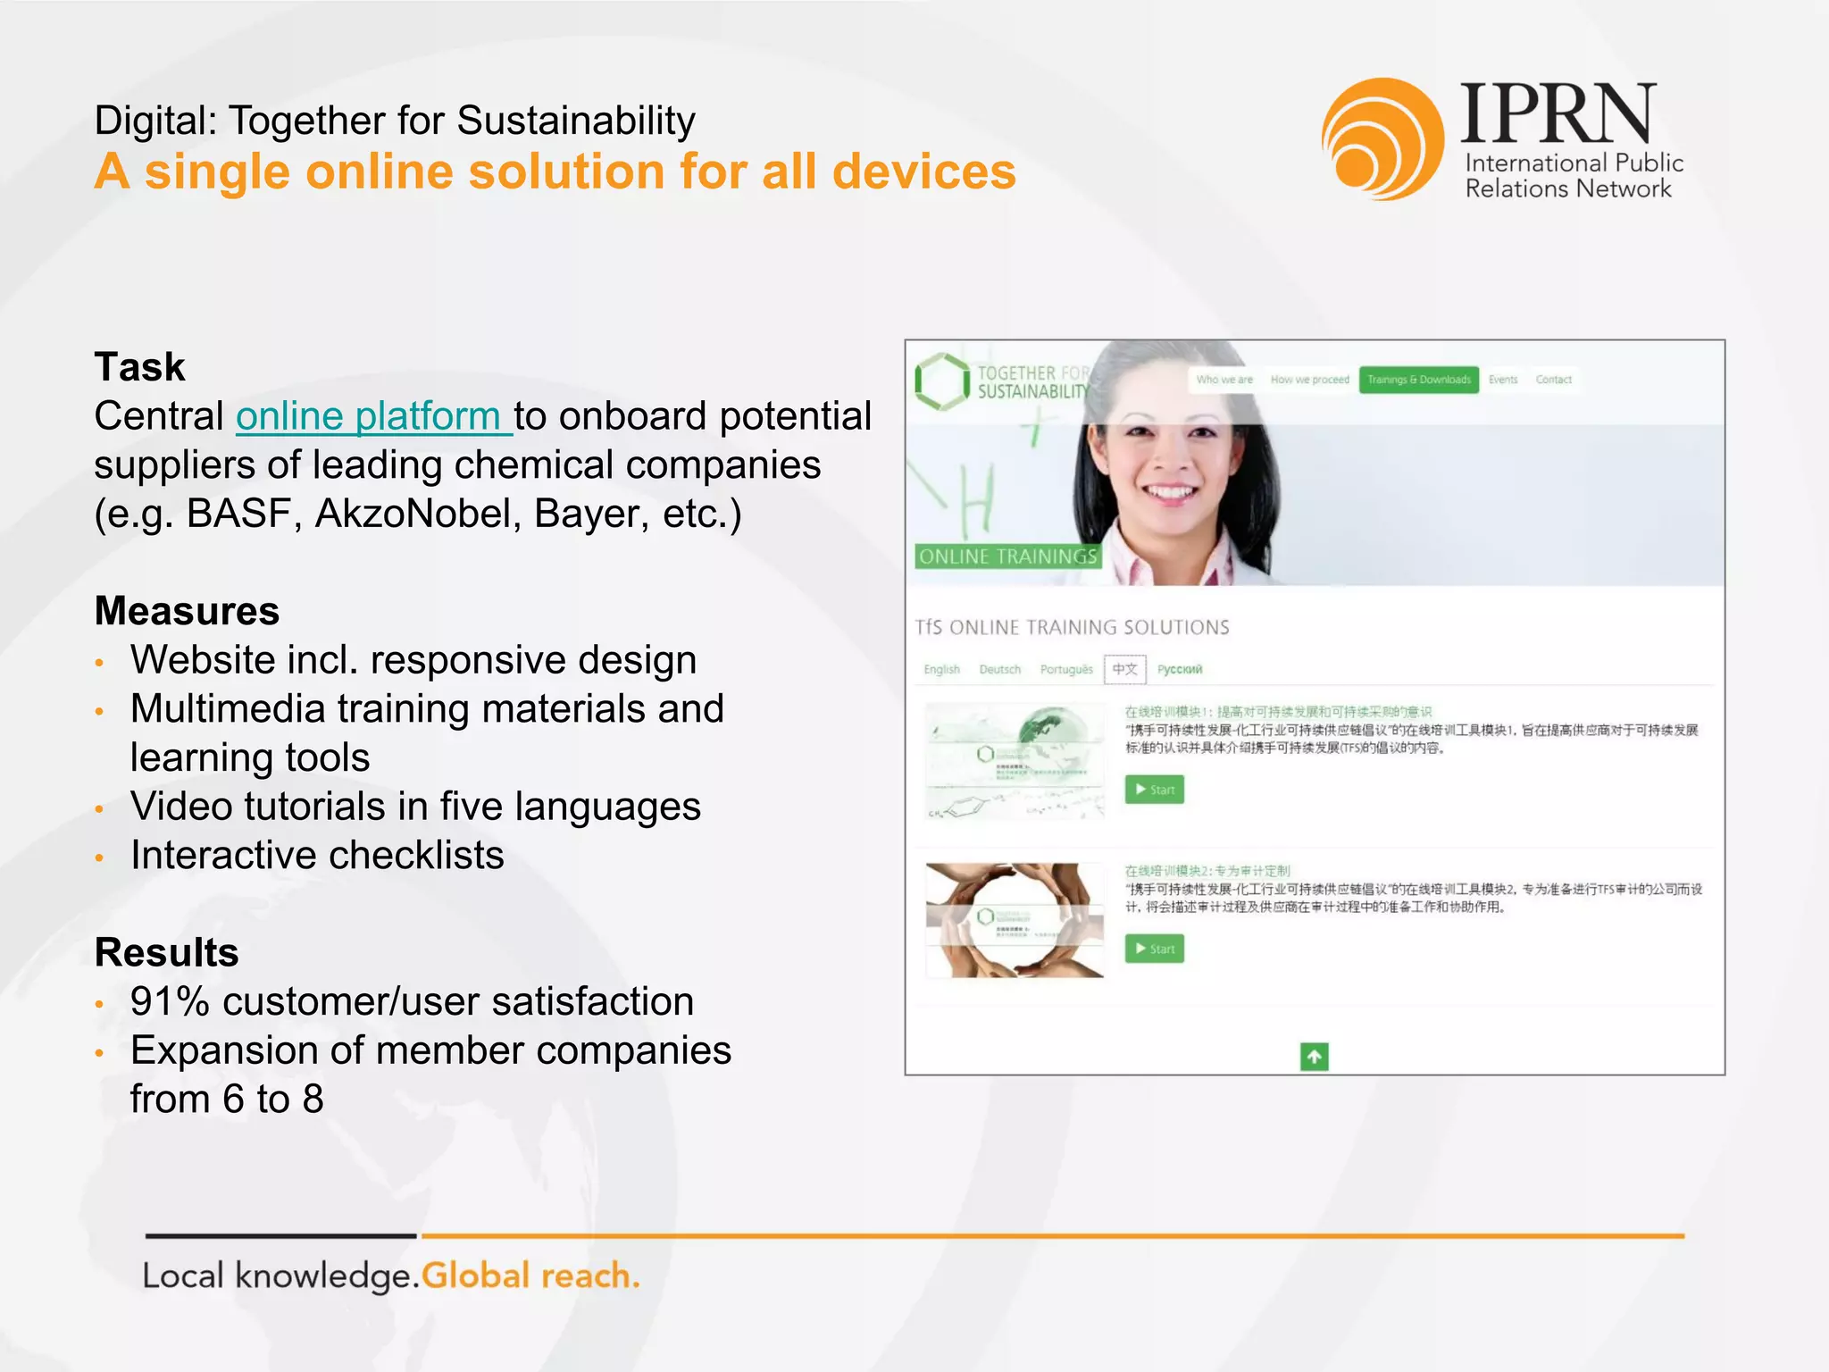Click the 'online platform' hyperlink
(x=373, y=416)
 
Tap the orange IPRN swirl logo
(x=1382, y=139)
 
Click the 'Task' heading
(x=139, y=367)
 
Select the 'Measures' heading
(x=187, y=611)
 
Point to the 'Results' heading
(x=166, y=952)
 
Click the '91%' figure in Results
(x=170, y=1001)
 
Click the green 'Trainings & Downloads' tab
(x=1418, y=380)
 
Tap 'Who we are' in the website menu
(x=1224, y=380)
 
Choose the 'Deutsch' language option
(x=999, y=669)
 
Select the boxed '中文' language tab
(x=1124, y=669)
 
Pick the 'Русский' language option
(x=1180, y=669)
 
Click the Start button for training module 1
(x=1154, y=790)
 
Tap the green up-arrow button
(x=1314, y=1057)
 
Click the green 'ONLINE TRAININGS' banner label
(x=1007, y=556)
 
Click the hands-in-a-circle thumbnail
(x=1015, y=920)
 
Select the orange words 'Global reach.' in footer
(x=530, y=1276)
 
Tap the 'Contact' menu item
(x=1553, y=380)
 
